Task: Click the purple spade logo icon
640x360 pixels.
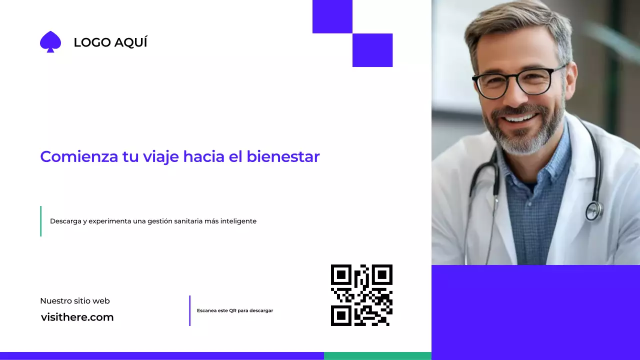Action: pyautogui.click(x=50, y=42)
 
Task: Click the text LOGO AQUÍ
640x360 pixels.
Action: pyautogui.click(x=110, y=43)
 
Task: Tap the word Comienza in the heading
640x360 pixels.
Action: pyautogui.click(x=79, y=156)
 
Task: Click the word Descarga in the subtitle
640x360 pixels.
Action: pyautogui.click(x=65, y=221)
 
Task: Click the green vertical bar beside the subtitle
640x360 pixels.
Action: pyautogui.click(x=40, y=221)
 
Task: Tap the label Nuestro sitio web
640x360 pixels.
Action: pyautogui.click(x=75, y=301)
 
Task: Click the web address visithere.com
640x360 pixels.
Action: pyautogui.click(x=77, y=317)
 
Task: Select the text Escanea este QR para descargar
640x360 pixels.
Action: pyautogui.click(x=235, y=310)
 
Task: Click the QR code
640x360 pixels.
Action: pyautogui.click(x=361, y=295)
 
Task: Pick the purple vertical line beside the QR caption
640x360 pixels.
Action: pyautogui.click(x=190, y=310)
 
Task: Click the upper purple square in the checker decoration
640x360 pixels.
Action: pyautogui.click(x=332, y=16)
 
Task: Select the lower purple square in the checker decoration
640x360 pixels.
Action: pyautogui.click(x=372, y=50)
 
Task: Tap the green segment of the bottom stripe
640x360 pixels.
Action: pyautogui.click(x=377, y=356)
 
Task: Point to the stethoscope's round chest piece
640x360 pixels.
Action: pyautogui.click(x=594, y=210)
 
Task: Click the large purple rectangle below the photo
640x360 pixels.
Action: pyautogui.click(x=535, y=312)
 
